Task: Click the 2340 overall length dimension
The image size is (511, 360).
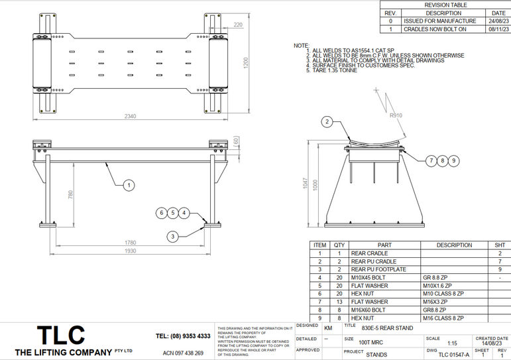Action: pyautogui.click(x=130, y=116)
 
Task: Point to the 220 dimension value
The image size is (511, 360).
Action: pyautogui.click(x=237, y=25)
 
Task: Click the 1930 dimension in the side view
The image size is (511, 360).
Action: pyautogui.click(x=129, y=251)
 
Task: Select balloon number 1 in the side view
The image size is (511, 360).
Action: pyautogui.click(x=129, y=185)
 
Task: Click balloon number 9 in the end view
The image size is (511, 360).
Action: pyautogui.click(x=453, y=160)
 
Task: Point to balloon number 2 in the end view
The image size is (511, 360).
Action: pyautogui.click(x=327, y=121)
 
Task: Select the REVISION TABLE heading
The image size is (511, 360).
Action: pyautogui.click(x=445, y=5)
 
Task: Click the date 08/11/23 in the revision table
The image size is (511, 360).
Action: pyautogui.click(x=498, y=29)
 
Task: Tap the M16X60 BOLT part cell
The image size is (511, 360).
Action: pyautogui.click(x=369, y=310)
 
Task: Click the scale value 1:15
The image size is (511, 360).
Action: pyautogui.click(x=452, y=343)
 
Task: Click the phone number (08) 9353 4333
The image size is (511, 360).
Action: pyautogui.click(x=183, y=336)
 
